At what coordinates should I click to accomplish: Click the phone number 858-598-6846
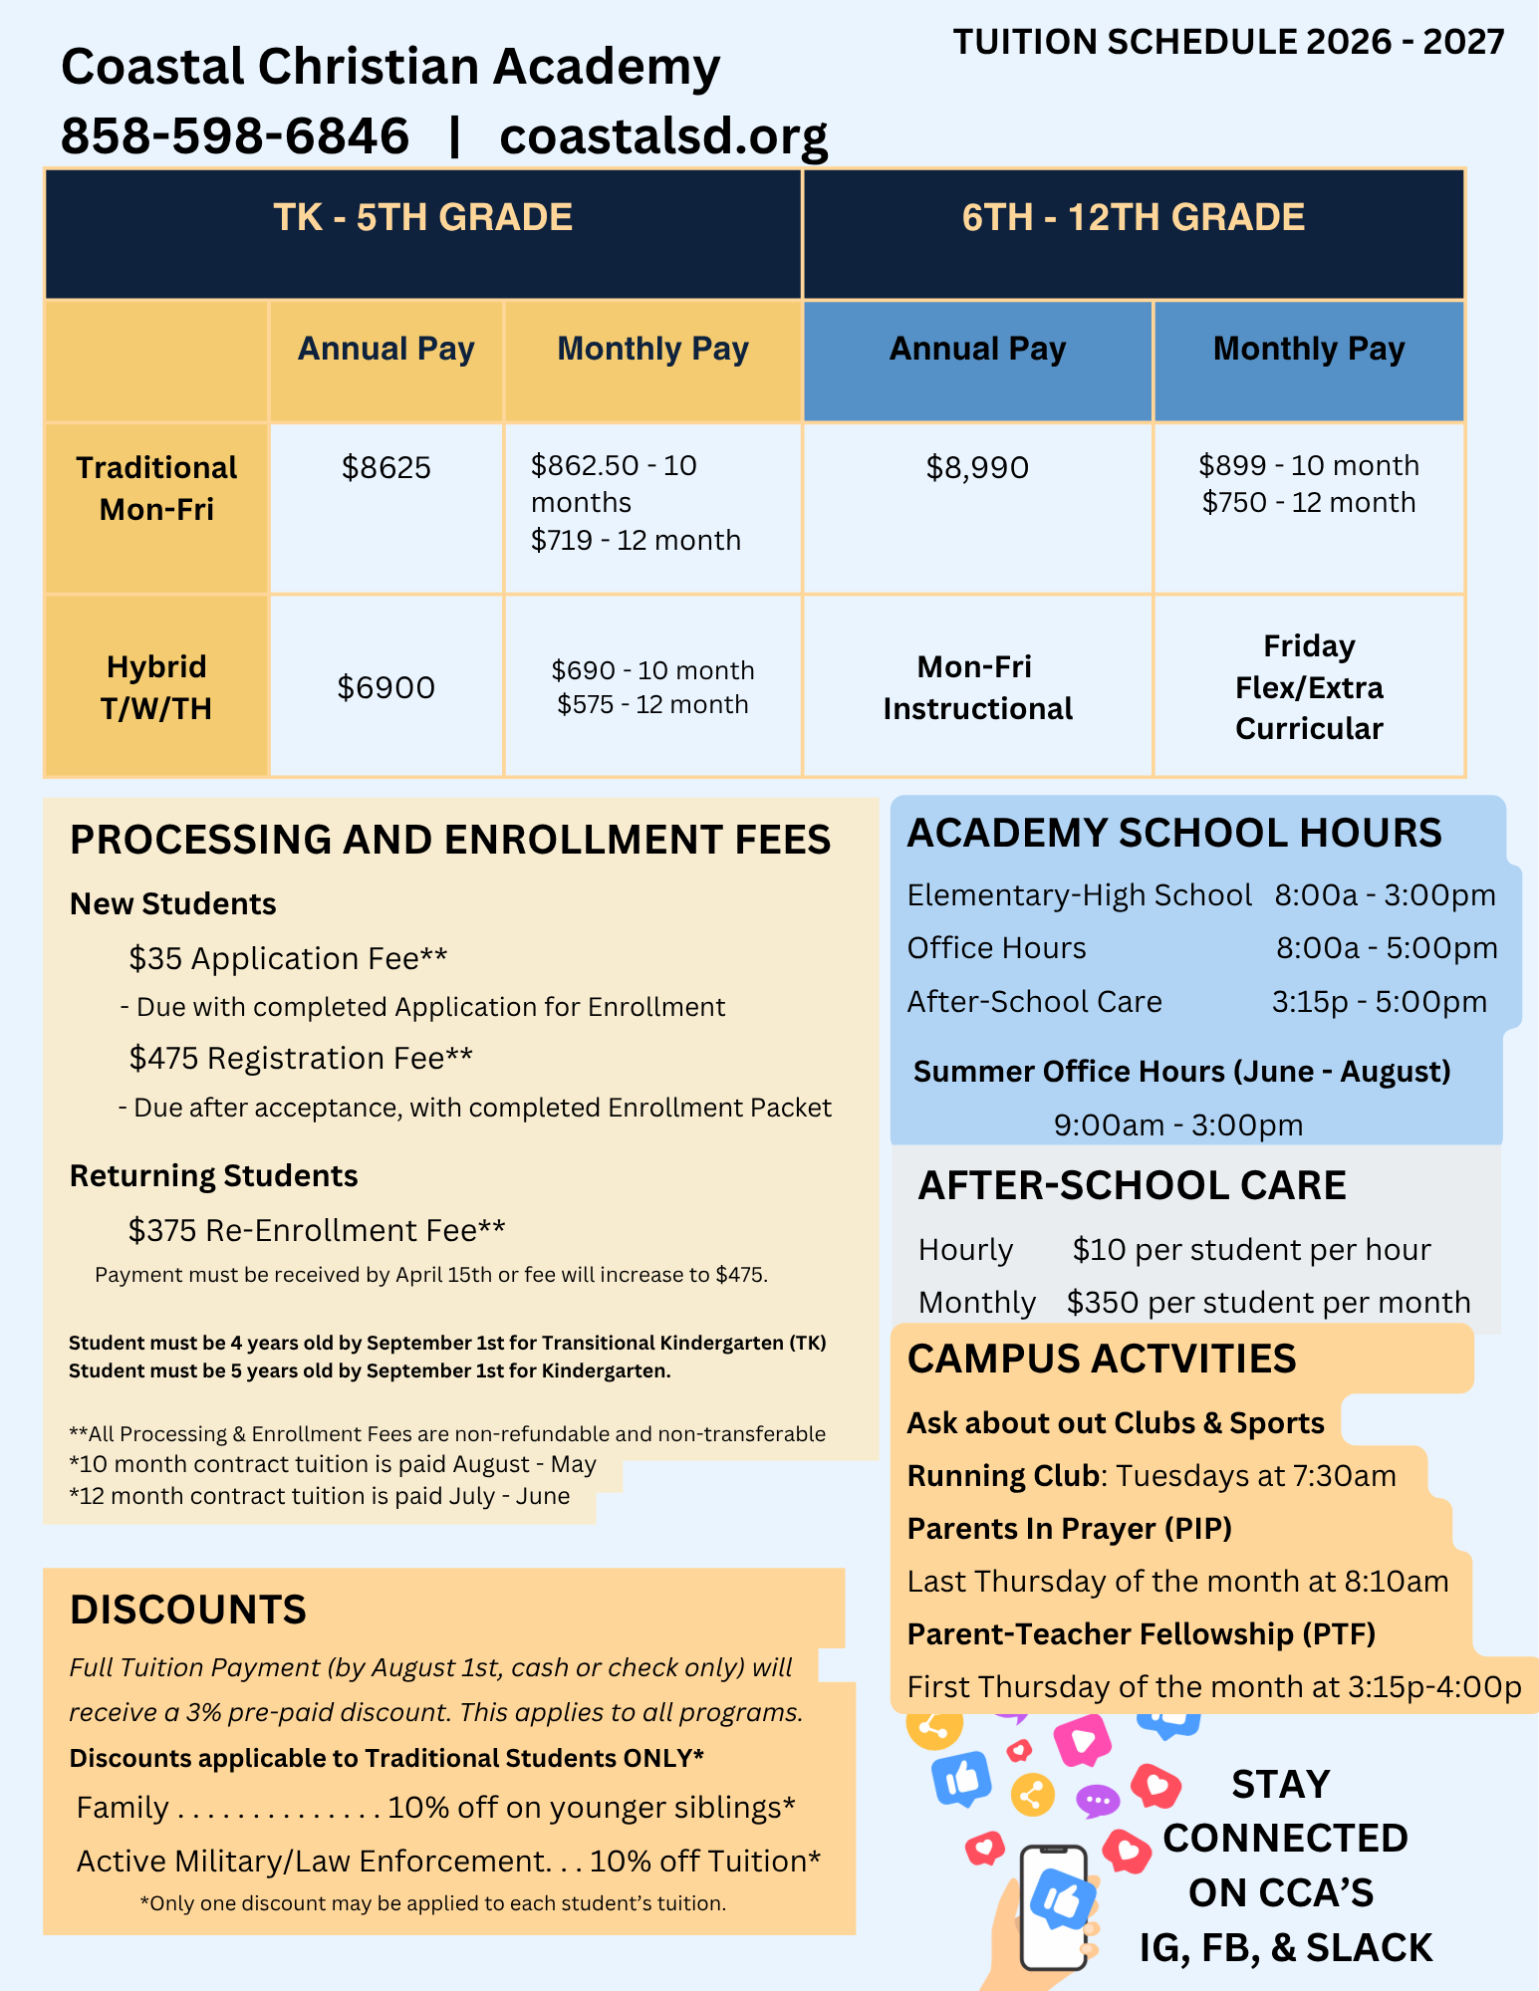point(235,135)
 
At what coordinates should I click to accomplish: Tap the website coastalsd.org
point(663,135)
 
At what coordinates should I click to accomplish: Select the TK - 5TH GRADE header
point(422,218)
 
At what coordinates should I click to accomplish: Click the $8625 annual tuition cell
point(385,467)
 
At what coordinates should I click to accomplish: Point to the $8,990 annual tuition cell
point(976,467)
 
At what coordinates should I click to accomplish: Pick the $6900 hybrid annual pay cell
point(385,687)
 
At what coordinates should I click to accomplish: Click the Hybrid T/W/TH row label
point(156,687)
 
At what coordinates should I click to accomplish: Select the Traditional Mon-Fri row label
point(156,488)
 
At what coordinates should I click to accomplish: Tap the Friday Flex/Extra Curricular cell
point(1309,687)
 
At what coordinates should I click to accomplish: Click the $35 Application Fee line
point(288,958)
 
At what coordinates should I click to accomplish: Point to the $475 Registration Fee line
point(300,1058)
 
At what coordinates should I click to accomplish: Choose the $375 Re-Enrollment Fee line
point(316,1230)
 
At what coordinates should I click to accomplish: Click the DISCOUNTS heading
point(188,1610)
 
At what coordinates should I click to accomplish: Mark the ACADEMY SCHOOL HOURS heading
point(1173,833)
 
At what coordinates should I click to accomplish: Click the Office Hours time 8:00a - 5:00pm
point(1387,947)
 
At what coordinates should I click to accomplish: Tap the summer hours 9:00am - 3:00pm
point(1177,1124)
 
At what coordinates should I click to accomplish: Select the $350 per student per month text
point(1268,1302)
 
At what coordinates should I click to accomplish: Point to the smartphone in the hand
point(1054,1906)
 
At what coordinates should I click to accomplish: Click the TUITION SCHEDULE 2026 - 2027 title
point(1228,42)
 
